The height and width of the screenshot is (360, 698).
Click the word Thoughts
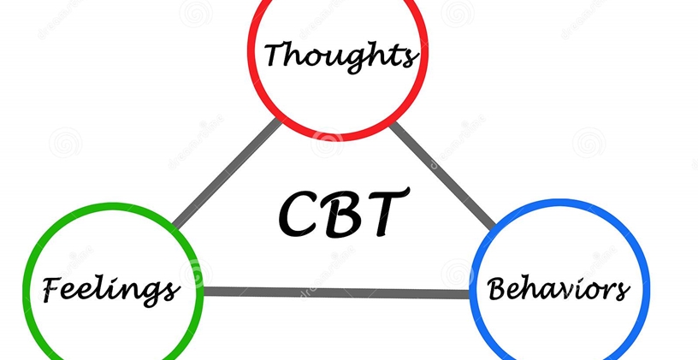340,56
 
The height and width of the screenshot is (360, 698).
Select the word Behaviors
559,289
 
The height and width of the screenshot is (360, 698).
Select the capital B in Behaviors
499,288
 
